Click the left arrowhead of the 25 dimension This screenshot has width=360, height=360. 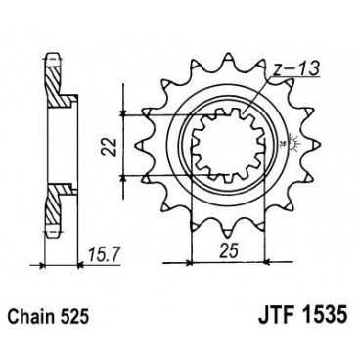pos(193,262)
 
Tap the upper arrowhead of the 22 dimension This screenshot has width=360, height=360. pos(122,117)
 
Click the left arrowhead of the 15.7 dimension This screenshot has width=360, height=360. pos(49,262)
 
